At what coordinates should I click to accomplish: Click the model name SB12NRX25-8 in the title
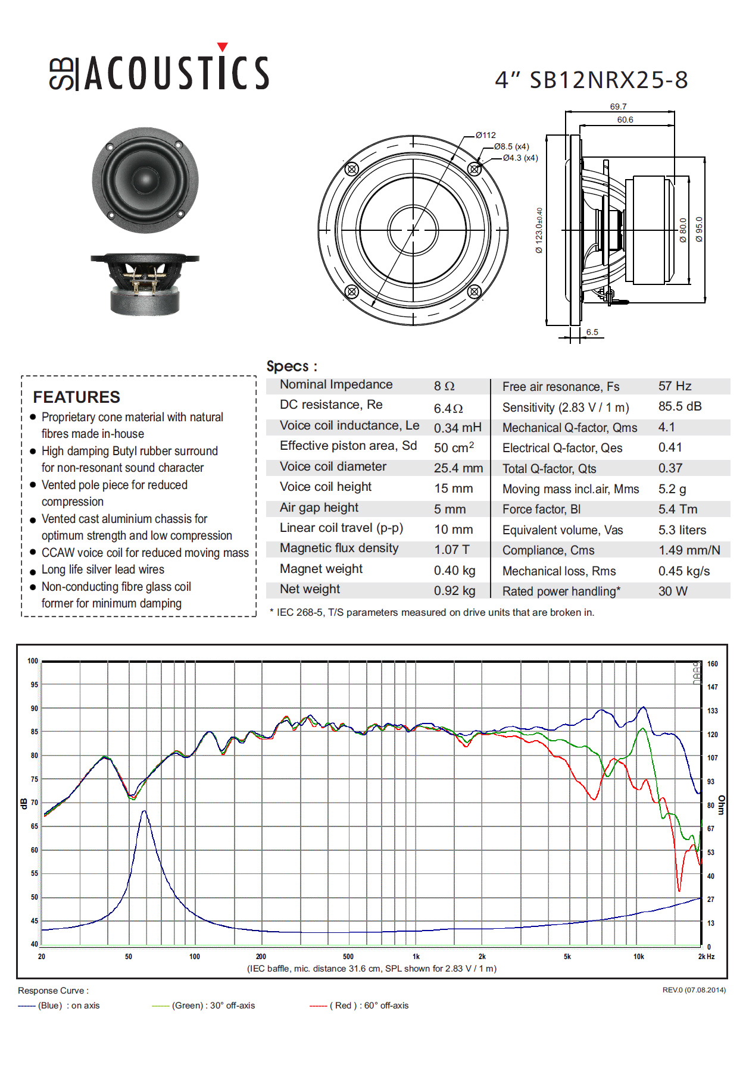point(608,80)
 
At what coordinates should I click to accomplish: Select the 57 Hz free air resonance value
point(675,386)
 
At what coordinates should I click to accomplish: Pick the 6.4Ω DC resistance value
point(448,409)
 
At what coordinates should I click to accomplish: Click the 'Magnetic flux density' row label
point(339,548)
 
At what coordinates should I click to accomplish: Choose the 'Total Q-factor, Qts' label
point(549,469)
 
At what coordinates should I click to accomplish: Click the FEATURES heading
point(77,397)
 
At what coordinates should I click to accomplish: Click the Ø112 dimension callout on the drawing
point(486,135)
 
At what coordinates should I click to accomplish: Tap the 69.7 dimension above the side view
point(618,106)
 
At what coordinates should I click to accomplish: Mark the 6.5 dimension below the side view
point(592,332)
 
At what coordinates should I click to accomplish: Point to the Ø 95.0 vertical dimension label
point(699,229)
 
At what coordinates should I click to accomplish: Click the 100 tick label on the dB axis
point(33,661)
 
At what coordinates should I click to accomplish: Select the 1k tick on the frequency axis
point(416,957)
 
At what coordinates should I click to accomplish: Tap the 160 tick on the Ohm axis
point(713,664)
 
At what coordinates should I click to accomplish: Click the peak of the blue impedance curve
point(144,811)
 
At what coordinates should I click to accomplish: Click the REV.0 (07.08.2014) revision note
point(694,990)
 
